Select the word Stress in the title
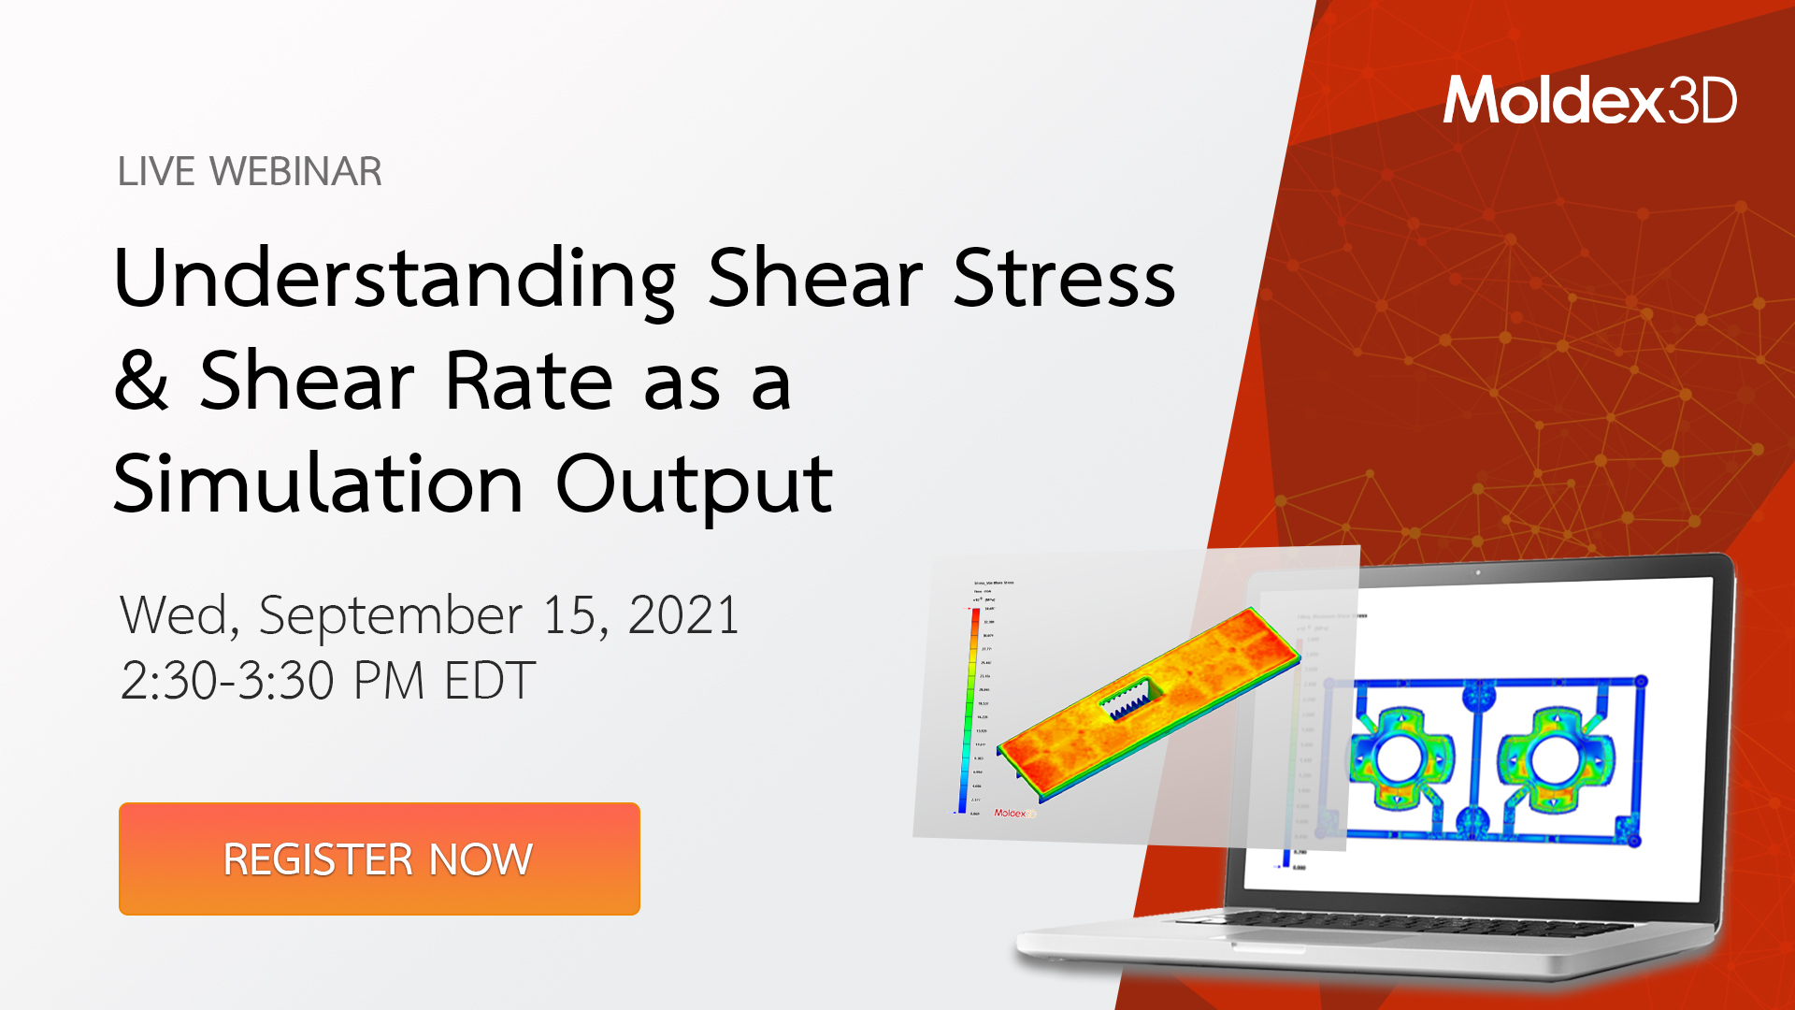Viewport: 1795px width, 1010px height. (1064, 279)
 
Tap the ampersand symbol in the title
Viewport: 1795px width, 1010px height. (141, 381)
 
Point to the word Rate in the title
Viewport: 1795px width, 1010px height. (528, 381)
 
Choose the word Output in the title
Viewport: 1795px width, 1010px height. (694, 484)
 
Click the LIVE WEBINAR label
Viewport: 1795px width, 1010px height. (250, 172)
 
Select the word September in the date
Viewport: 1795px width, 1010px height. (390, 616)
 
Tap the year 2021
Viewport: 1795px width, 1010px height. (683, 615)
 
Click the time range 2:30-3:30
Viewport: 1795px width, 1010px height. (227, 680)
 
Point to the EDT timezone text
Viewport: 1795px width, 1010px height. (489, 680)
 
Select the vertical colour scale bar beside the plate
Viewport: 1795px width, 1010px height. (969, 711)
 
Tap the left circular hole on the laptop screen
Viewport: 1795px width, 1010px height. (1400, 758)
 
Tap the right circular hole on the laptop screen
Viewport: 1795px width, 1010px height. (1555, 758)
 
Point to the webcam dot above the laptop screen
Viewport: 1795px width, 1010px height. (1478, 572)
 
